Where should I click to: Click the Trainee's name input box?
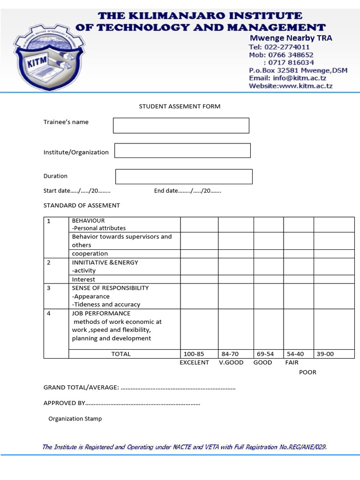pyautogui.click(x=181, y=126)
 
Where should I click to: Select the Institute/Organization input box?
pyautogui.click(x=182, y=150)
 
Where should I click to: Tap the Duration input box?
pyautogui.click(x=184, y=176)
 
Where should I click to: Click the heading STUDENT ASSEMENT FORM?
pyautogui.click(x=180, y=106)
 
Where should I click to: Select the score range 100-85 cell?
pyautogui.click(x=194, y=354)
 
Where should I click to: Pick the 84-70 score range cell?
pyautogui.click(x=230, y=354)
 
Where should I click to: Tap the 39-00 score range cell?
pyautogui.click(x=325, y=354)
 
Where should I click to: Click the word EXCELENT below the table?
pyautogui.click(x=195, y=362)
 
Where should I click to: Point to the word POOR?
pyautogui.click(x=308, y=372)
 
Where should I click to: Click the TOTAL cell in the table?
pyautogui.click(x=121, y=354)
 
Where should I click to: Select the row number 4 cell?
pyautogui.click(x=49, y=314)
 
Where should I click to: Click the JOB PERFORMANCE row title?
pyautogui.click(x=101, y=314)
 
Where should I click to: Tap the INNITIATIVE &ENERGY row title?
pyautogui.click(x=105, y=262)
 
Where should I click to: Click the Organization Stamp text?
pyautogui.click(x=75, y=419)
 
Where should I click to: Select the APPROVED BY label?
pyautogui.click(x=64, y=403)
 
